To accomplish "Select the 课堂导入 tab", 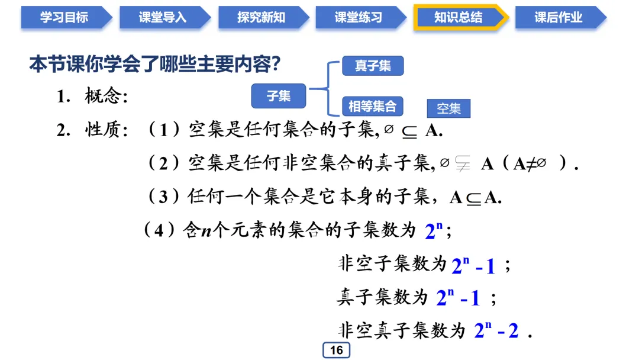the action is pos(162,18).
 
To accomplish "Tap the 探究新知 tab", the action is pos(261,18).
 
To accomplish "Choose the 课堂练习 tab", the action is pos(359,18).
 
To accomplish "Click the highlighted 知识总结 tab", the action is pos(458,18).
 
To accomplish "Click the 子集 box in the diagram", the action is pos(279,96).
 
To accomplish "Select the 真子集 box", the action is pos(373,66).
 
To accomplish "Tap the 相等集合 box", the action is pos(372,107).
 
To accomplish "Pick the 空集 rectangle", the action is pos(448,109).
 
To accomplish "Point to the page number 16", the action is pos(336,350).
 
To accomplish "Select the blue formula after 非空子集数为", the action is pos(473,265).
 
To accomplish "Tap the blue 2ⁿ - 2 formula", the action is pos(496,330).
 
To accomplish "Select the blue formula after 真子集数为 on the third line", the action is pos(458,298).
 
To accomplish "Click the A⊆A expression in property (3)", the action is pos(475,197).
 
